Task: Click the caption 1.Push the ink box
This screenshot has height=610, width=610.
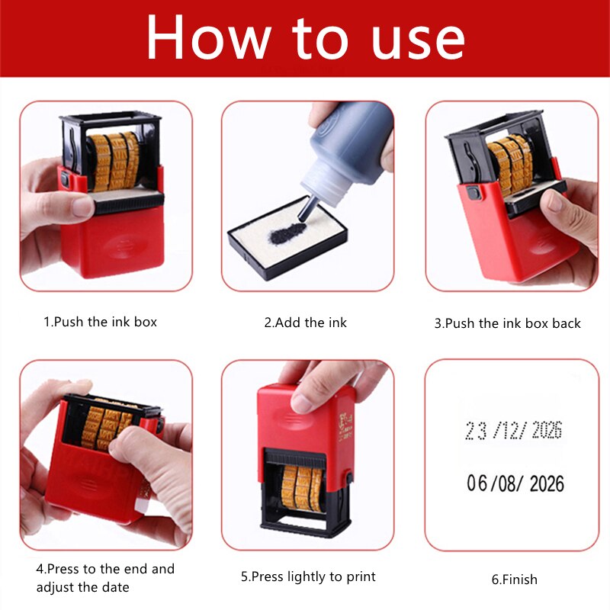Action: pos(100,322)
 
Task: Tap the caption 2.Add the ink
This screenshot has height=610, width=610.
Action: pos(305,323)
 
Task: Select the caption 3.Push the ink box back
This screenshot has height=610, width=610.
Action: pos(507,323)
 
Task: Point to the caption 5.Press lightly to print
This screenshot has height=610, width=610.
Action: pos(308,576)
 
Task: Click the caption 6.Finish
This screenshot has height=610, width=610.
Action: pos(514,579)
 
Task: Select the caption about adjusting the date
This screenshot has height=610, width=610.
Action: pos(105,578)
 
